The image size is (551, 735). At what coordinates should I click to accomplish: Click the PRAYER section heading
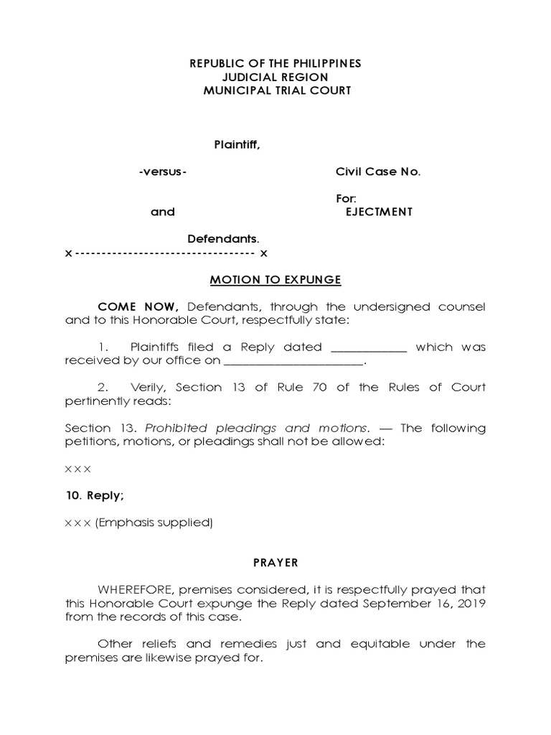pyautogui.click(x=275, y=563)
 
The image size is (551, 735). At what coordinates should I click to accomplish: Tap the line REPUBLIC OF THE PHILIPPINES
pyautogui.click(x=275, y=64)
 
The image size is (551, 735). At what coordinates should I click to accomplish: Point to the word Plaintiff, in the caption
pyautogui.click(x=237, y=145)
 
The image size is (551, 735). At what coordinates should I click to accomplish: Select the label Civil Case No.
pyautogui.click(x=378, y=172)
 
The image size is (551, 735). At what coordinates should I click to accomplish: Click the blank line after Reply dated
pyautogui.click(x=368, y=347)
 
